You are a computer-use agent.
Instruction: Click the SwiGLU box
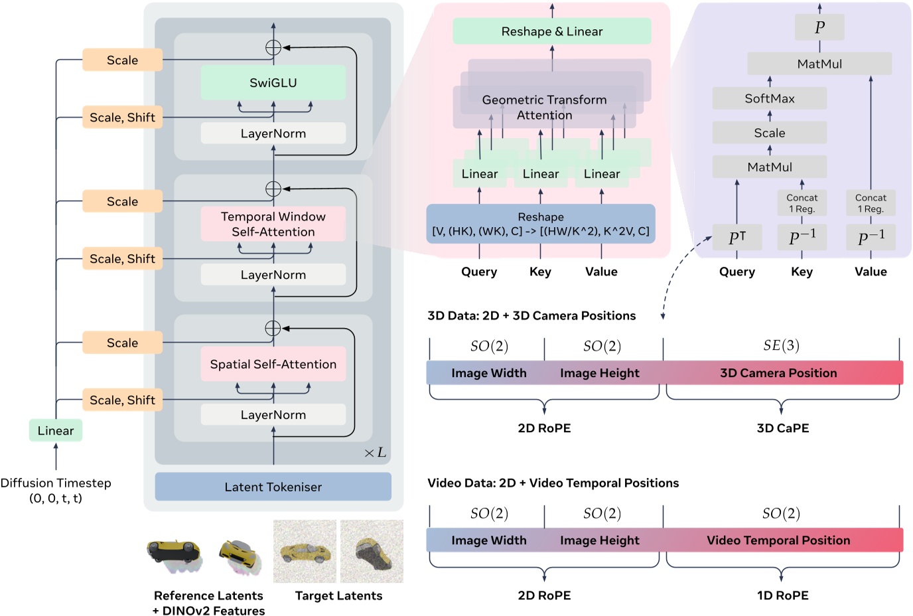pyautogui.click(x=273, y=83)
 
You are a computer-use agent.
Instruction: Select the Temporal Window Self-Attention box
pyautogui.click(x=273, y=224)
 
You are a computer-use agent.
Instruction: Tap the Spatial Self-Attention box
pyautogui.click(x=273, y=364)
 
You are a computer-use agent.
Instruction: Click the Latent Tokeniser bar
pyautogui.click(x=273, y=487)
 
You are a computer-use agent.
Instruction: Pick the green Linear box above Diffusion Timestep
pyautogui.click(x=56, y=430)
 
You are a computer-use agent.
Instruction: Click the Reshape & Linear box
pyautogui.click(x=551, y=31)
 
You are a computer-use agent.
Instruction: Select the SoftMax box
pyautogui.click(x=769, y=98)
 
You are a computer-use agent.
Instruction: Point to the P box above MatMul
pyautogui.click(x=819, y=27)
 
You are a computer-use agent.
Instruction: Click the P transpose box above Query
pyautogui.click(x=737, y=238)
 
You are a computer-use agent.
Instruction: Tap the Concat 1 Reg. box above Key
pyautogui.click(x=802, y=203)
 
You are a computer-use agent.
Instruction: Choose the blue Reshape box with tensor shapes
pyautogui.click(x=540, y=224)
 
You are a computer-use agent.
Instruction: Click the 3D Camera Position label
pyautogui.click(x=778, y=373)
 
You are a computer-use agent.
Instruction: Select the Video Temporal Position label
pyautogui.click(x=778, y=540)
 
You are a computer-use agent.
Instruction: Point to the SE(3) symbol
pyautogui.click(x=781, y=346)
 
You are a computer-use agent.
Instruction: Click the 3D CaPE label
pyautogui.click(x=782, y=428)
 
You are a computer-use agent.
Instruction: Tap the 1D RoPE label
pyautogui.click(x=782, y=595)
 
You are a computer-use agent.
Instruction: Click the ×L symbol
pyautogui.click(x=375, y=453)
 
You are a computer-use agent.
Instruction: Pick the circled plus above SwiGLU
pyautogui.click(x=273, y=47)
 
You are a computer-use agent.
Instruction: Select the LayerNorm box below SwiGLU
pyautogui.click(x=273, y=133)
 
